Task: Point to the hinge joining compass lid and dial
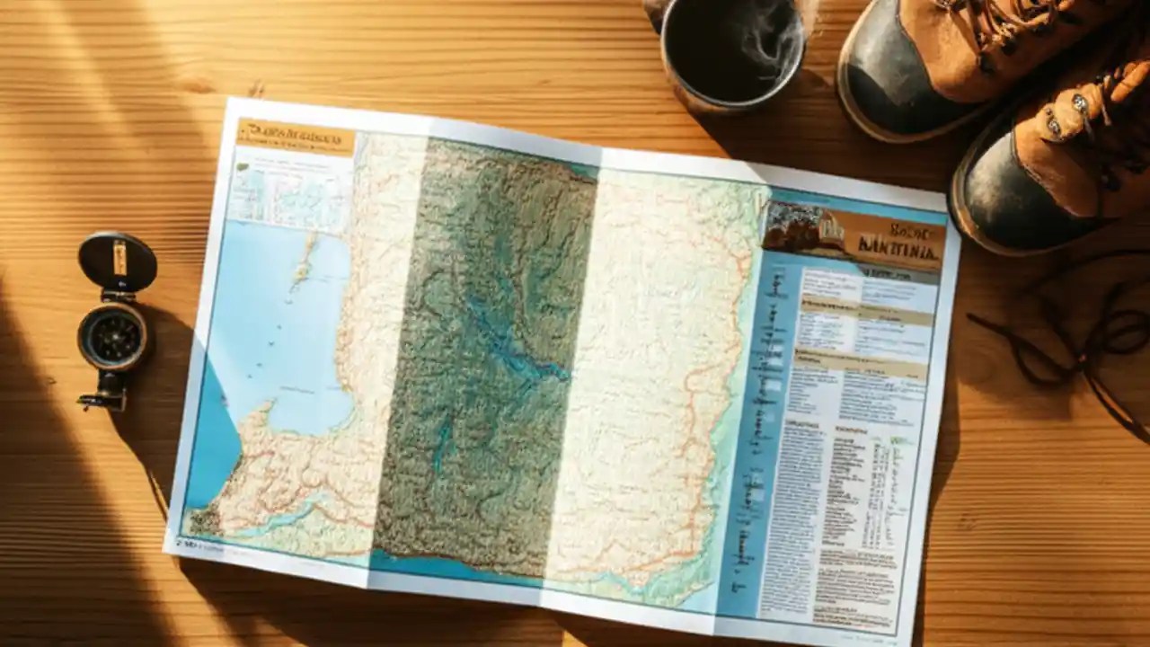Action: (115, 297)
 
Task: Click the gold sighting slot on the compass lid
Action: (119, 259)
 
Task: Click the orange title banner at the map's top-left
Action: (296, 137)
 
